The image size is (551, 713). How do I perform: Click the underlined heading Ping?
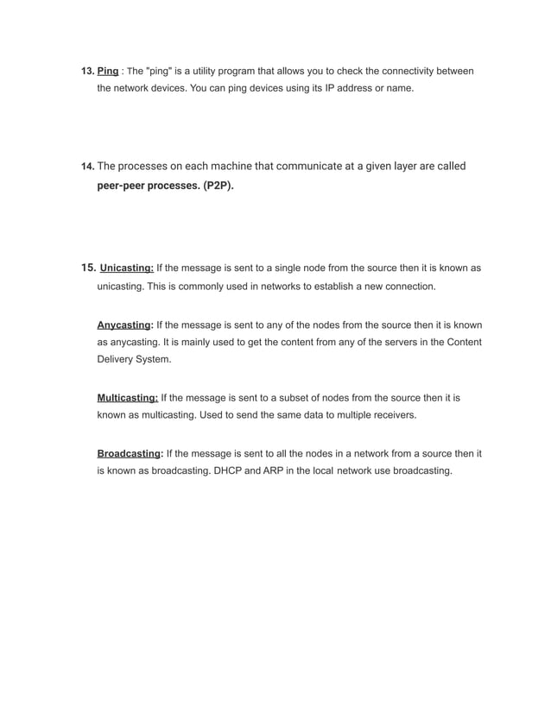point(108,70)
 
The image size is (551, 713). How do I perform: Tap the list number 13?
point(86,70)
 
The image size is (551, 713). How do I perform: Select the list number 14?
point(86,166)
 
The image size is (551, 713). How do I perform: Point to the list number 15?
point(87,268)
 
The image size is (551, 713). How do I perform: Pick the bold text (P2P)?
point(218,185)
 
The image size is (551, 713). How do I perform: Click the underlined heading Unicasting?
point(126,268)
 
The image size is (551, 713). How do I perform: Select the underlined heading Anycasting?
point(124,325)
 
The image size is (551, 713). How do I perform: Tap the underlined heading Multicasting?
point(127,399)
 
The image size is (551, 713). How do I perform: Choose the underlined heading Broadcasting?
point(129,453)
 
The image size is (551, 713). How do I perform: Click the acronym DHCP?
point(228,471)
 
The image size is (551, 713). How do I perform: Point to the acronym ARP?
point(268,471)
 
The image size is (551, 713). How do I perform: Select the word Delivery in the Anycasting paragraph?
point(116,359)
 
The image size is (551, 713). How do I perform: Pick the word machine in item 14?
point(221,166)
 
